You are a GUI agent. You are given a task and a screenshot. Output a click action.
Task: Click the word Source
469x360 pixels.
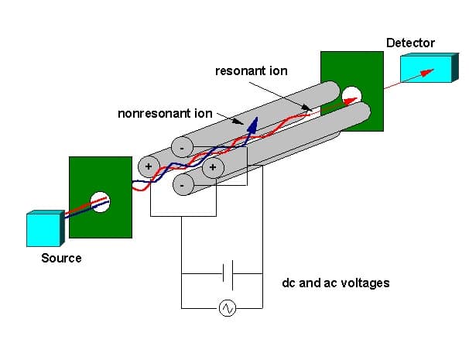[x=61, y=257]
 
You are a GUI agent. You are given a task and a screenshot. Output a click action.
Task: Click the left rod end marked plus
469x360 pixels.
[x=148, y=166]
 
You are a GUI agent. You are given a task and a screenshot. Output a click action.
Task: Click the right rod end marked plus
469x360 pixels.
[x=213, y=166]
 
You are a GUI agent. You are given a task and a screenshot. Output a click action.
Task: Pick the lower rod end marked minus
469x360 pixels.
[x=180, y=186]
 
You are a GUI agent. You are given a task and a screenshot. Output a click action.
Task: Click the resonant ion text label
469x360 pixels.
[x=252, y=71]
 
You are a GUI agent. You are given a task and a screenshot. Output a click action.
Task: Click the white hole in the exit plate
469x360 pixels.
[x=351, y=96]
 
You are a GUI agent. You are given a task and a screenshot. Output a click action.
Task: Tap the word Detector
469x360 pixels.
[x=410, y=43]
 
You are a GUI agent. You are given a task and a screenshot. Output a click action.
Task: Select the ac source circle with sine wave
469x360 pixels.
[x=228, y=308]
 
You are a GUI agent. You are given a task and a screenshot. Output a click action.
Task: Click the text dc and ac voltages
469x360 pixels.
[x=335, y=283]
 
